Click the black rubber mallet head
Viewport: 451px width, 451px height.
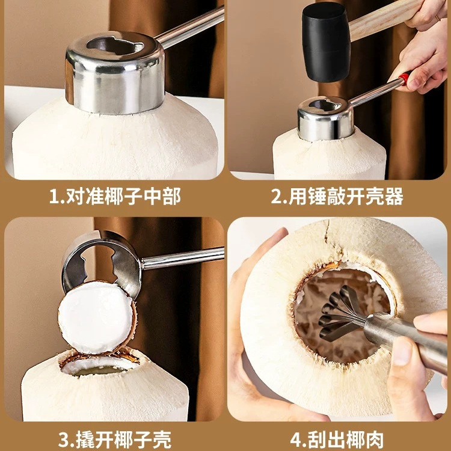[328, 42]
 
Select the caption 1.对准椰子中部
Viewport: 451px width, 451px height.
[114, 196]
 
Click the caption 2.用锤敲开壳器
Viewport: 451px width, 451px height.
[337, 196]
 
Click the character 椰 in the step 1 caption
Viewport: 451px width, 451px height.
[111, 196]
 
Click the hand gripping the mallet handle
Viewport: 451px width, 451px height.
[430, 15]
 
